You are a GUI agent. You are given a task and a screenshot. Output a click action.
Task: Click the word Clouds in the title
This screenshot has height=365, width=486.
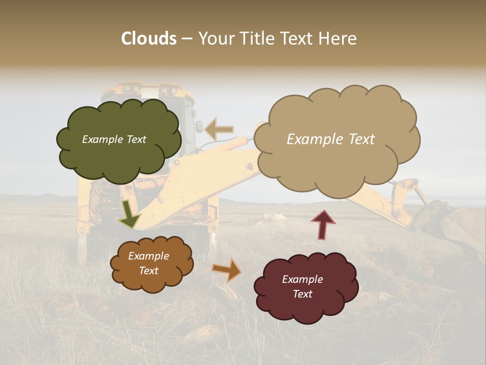point(148,39)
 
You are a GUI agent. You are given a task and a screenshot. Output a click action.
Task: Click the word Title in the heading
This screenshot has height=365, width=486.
point(255,39)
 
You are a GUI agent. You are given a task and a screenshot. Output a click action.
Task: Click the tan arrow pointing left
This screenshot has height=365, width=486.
point(219,129)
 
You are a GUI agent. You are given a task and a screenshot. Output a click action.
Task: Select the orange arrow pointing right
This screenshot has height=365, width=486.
point(227,269)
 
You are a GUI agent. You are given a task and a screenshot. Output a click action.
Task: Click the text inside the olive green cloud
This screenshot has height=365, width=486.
point(114,139)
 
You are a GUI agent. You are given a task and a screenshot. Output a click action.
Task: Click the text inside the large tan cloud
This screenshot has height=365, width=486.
point(331,139)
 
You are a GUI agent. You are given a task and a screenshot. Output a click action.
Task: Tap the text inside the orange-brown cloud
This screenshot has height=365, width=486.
point(149,264)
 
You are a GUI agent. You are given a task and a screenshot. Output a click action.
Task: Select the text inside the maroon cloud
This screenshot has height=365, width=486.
point(303,286)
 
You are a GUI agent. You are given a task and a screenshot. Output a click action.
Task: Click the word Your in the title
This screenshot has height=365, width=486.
point(215,39)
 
